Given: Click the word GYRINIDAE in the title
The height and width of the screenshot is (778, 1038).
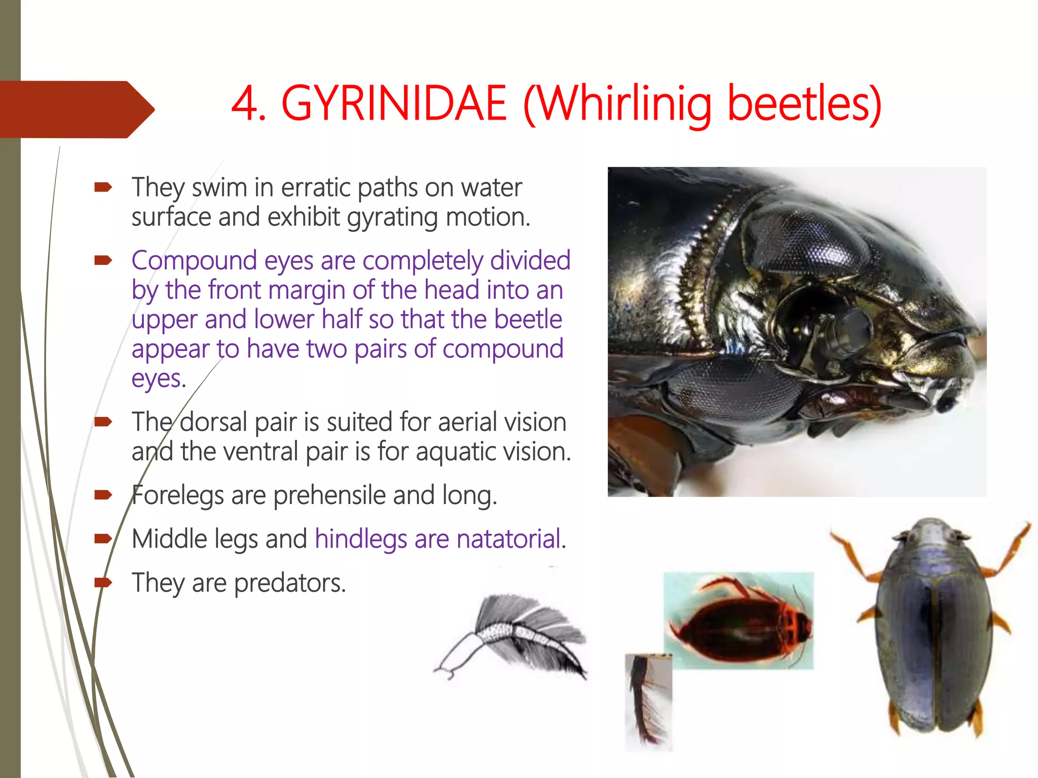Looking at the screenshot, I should [394, 103].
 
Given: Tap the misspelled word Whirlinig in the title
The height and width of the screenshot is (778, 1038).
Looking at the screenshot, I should [624, 104].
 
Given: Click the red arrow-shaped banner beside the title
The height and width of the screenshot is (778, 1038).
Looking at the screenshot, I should [76, 109].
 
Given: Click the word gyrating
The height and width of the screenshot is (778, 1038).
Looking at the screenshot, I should [392, 218].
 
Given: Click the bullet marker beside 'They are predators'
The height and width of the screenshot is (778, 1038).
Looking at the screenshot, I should [103, 582].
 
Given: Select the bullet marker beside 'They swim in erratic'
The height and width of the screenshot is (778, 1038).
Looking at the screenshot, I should [103, 188].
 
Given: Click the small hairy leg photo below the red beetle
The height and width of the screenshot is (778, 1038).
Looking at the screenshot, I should [648, 701].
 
